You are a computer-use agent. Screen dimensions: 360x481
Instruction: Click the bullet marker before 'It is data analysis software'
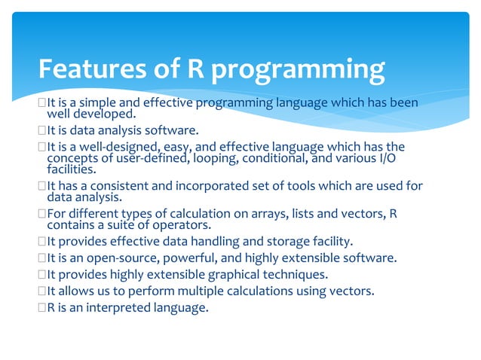(42, 130)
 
